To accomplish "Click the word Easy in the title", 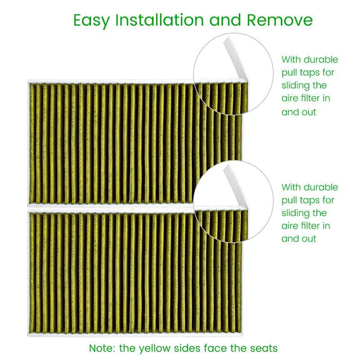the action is (91, 21).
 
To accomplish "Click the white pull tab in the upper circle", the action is (235, 58).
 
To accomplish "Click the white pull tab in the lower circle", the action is (235, 185).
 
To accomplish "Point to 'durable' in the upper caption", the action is (321, 59).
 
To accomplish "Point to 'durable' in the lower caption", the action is (321, 187).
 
